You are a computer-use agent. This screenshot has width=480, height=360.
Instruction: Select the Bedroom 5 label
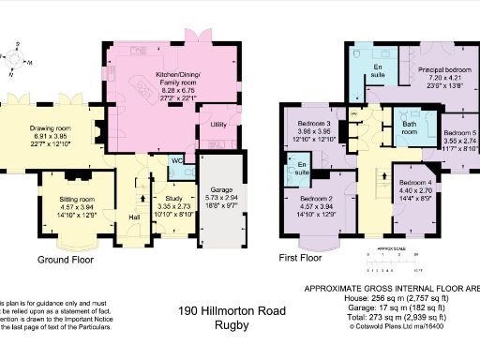458,133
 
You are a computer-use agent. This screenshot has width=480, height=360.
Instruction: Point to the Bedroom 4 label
413,182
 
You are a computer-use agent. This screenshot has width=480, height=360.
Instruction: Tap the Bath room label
409,127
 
